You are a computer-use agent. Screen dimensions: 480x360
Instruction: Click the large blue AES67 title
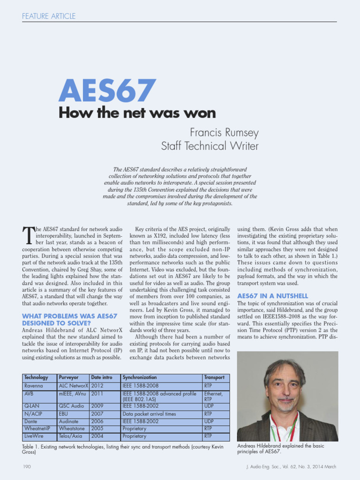coord(107,91)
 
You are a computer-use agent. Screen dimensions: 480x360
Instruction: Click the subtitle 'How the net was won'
coord(137,113)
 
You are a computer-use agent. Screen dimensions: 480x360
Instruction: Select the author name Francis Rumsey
coord(224,133)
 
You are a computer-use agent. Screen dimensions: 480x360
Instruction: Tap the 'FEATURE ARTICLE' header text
coord(49,16)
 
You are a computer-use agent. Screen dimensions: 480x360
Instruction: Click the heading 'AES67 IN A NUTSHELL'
coord(272,296)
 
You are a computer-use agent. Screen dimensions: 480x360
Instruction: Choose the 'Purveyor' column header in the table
coord(68,377)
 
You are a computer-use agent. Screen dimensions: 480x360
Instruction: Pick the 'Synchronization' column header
coord(140,377)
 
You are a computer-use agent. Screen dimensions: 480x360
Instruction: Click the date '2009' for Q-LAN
coord(97,406)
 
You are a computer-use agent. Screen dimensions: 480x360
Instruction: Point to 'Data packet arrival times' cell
coord(149,414)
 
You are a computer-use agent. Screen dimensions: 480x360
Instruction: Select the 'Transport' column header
coord(214,377)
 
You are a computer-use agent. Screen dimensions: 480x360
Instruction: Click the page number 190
coord(27,467)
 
